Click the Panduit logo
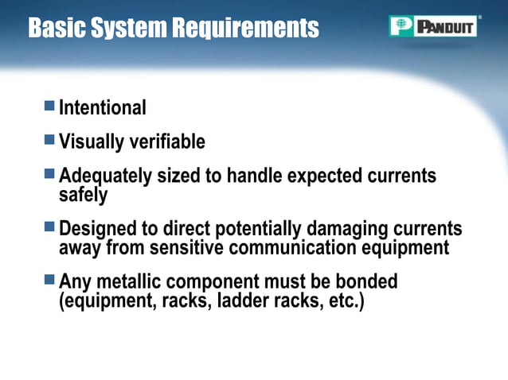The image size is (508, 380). coord(433,26)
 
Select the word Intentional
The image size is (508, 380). coord(103,107)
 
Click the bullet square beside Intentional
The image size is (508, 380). coord(49,105)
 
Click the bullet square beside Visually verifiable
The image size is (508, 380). coord(49,140)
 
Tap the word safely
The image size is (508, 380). coord(83,193)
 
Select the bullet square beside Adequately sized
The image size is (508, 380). coord(49,173)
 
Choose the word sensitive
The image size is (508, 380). coord(186,247)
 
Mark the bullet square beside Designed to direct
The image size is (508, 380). coord(49,227)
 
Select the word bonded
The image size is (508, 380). coord(365,282)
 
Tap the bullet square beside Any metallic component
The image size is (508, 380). coord(49,280)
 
